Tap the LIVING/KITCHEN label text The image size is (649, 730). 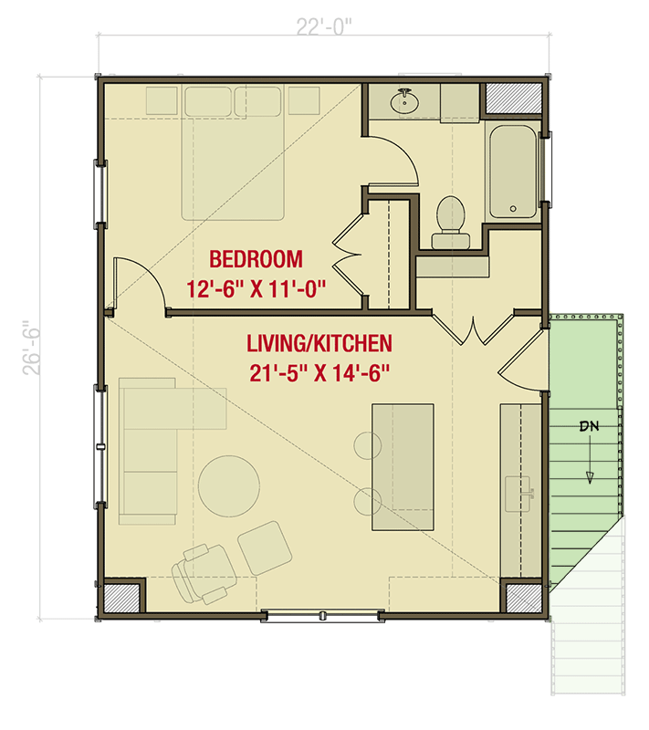(319, 344)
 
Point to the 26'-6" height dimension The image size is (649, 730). (34, 346)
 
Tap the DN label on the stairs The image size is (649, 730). (589, 426)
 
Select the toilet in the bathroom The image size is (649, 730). (449, 222)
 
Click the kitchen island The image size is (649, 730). (403, 466)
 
